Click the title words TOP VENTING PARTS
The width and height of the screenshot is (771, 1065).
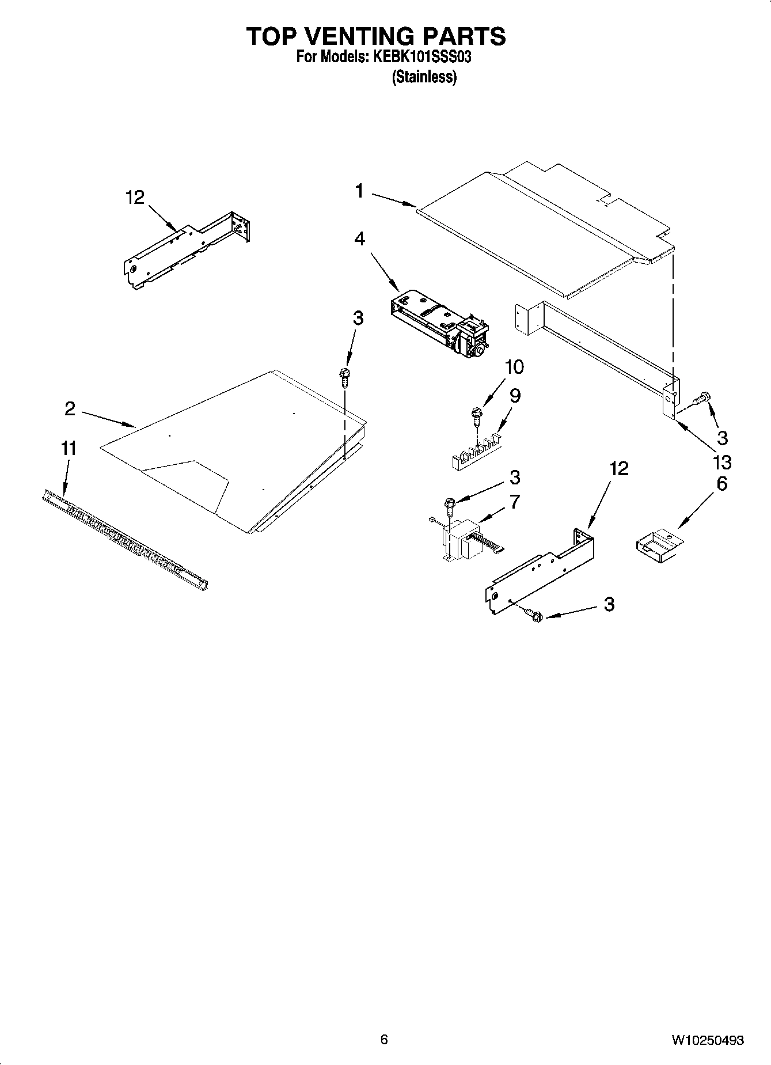tap(376, 36)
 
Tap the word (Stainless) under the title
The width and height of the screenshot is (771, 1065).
tap(424, 77)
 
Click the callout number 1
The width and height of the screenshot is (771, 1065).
tap(359, 191)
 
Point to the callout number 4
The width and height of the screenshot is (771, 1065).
tap(359, 238)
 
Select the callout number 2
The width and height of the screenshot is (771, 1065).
tap(70, 409)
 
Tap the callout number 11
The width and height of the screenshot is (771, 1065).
tap(69, 448)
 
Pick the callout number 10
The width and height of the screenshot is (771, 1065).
tap(514, 366)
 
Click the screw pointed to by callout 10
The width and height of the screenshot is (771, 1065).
tap(476, 414)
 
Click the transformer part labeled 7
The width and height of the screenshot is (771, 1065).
tap(464, 540)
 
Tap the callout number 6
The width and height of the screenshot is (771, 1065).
tap(721, 483)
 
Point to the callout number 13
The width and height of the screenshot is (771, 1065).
tap(721, 461)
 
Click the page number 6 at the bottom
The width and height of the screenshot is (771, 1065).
tap(384, 1039)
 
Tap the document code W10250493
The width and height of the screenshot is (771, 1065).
tap(708, 1040)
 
